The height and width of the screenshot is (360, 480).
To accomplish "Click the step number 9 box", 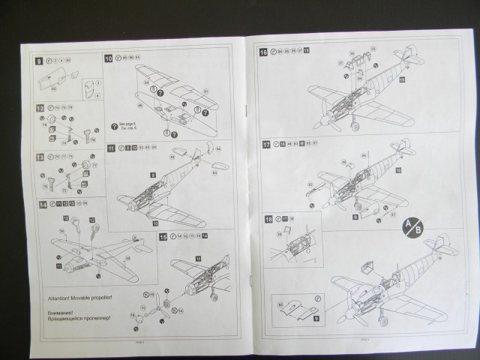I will (39, 59).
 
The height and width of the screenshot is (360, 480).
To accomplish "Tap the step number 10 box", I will (109, 58).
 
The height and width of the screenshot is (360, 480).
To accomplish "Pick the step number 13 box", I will (39, 157).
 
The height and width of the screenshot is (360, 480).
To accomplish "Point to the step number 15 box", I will (163, 236).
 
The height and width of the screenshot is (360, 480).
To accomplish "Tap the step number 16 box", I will (263, 52).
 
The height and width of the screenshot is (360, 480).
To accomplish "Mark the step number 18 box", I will (268, 218).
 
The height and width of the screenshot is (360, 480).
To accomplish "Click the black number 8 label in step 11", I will (153, 175).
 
